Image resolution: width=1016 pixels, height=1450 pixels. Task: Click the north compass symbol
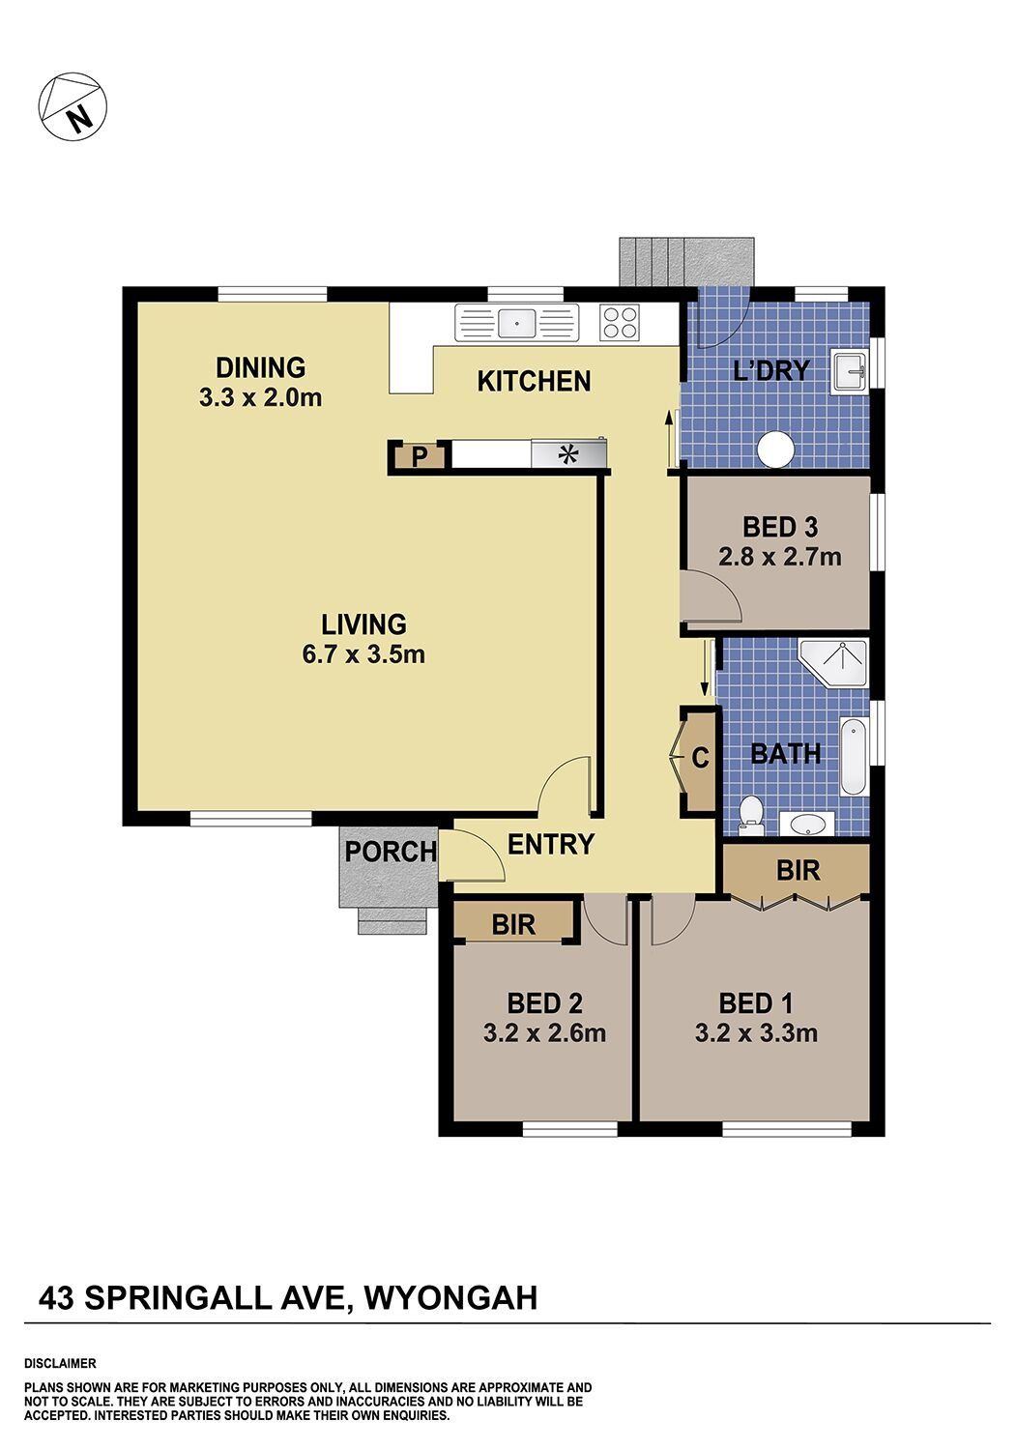pyautogui.click(x=73, y=104)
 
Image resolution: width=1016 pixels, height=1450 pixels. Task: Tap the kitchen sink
pyautogui.click(x=516, y=322)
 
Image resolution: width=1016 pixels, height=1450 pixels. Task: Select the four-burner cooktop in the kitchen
pyautogui.click(x=620, y=322)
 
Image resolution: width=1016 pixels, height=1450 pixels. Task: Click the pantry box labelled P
pyautogui.click(x=419, y=457)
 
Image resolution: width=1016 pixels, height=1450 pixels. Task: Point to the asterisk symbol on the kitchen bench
pyautogui.click(x=568, y=454)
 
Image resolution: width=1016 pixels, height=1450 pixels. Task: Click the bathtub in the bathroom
pyautogui.click(x=854, y=756)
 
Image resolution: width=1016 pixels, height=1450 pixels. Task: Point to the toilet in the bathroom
pyautogui.click(x=752, y=817)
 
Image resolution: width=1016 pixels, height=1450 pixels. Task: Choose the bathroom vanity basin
pyautogui.click(x=807, y=825)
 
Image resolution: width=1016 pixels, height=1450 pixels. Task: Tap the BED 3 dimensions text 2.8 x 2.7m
pyautogui.click(x=780, y=557)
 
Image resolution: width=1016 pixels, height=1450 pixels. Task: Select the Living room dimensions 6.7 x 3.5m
pyautogui.click(x=363, y=654)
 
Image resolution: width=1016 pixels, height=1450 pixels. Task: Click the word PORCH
pyautogui.click(x=391, y=852)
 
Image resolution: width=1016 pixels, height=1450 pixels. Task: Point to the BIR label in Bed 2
pyautogui.click(x=513, y=925)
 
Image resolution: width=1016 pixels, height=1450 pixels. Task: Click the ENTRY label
pyautogui.click(x=550, y=844)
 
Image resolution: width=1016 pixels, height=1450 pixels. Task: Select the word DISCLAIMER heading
pyautogui.click(x=60, y=1364)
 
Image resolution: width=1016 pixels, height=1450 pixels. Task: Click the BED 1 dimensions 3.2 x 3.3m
pyautogui.click(x=756, y=1032)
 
